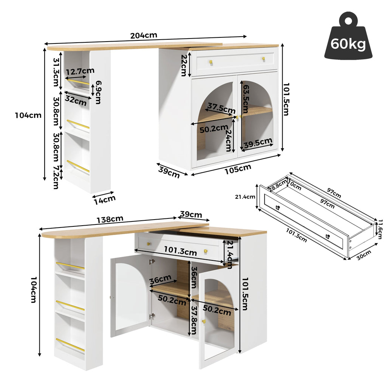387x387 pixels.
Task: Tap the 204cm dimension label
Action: click(x=144, y=36)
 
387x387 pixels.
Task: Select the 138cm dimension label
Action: click(x=110, y=220)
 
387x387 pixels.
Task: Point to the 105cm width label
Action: click(x=238, y=169)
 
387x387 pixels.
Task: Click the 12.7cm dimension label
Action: click(x=80, y=71)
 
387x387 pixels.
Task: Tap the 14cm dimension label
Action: click(x=105, y=200)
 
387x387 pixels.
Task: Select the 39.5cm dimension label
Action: click(x=258, y=143)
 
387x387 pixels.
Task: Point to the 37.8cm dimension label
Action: click(x=194, y=320)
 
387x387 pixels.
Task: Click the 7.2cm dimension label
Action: click(x=56, y=177)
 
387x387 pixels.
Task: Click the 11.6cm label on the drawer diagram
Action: click(x=380, y=229)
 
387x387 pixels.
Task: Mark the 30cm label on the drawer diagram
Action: click(x=364, y=255)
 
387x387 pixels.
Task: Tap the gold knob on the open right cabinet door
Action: click(x=204, y=321)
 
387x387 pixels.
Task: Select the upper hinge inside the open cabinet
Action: click(x=152, y=262)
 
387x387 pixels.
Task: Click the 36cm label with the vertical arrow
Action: click(x=194, y=277)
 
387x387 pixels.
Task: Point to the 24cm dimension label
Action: click(x=229, y=140)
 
